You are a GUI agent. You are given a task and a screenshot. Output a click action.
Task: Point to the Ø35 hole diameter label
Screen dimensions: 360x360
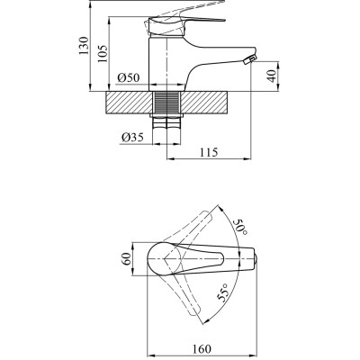tap(131, 138)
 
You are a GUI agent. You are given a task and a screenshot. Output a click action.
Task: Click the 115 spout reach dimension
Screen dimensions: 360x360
tap(211, 154)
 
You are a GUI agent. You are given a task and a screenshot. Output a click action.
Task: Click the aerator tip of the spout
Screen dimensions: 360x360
tap(251, 59)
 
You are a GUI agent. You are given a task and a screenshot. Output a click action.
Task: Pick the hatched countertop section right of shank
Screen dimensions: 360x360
tap(213, 102)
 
